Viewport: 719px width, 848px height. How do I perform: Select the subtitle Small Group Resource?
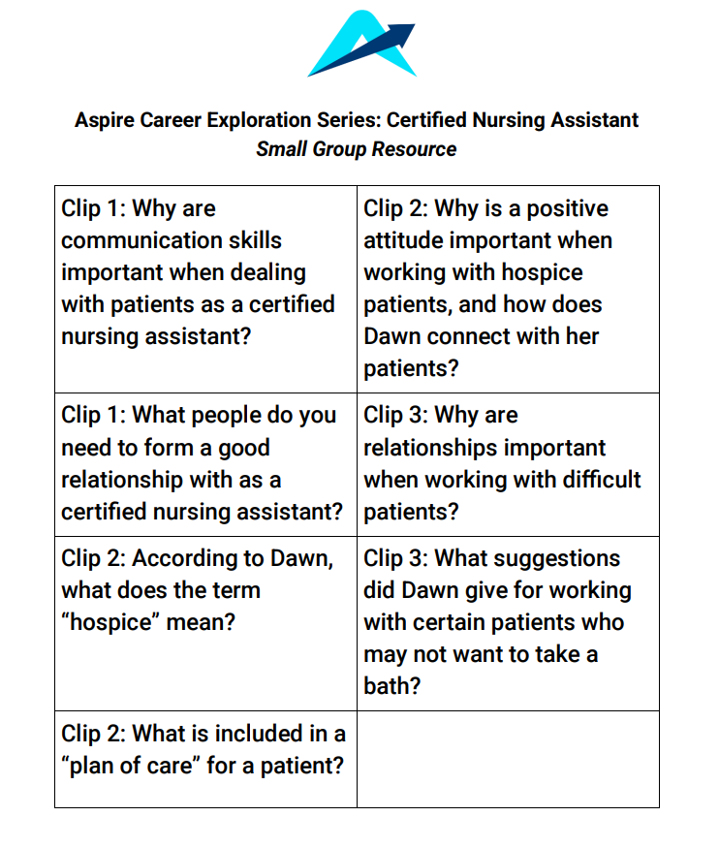coord(357,149)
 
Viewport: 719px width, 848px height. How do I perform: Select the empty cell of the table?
coord(508,759)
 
